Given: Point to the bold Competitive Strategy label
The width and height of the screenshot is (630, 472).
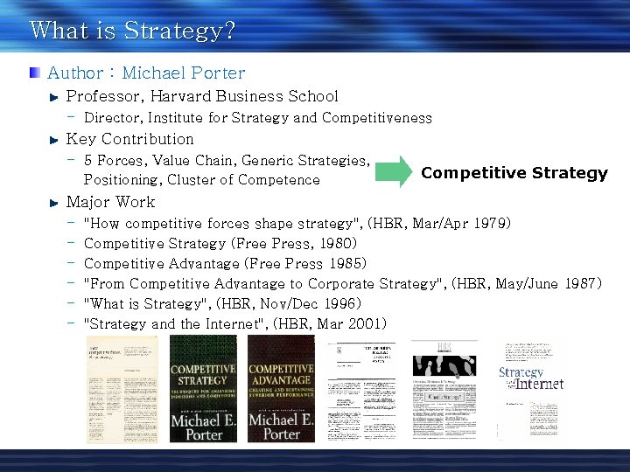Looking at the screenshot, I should click(514, 172).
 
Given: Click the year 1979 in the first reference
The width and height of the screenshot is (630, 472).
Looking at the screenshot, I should click(491, 223).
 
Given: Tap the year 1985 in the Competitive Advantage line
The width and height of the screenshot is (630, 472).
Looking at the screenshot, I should click(346, 263).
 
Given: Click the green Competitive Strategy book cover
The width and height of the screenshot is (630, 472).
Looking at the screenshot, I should click(203, 389).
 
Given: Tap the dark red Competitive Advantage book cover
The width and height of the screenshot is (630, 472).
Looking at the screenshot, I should click(281, 389).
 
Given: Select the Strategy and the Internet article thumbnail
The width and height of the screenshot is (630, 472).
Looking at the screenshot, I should click(531, 389).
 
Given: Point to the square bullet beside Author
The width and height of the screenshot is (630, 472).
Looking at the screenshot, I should click(33, 73).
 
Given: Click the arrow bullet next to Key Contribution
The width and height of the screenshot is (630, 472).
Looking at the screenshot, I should click(55, 140).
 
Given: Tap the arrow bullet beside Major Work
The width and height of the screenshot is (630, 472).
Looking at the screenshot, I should click(55, 203).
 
